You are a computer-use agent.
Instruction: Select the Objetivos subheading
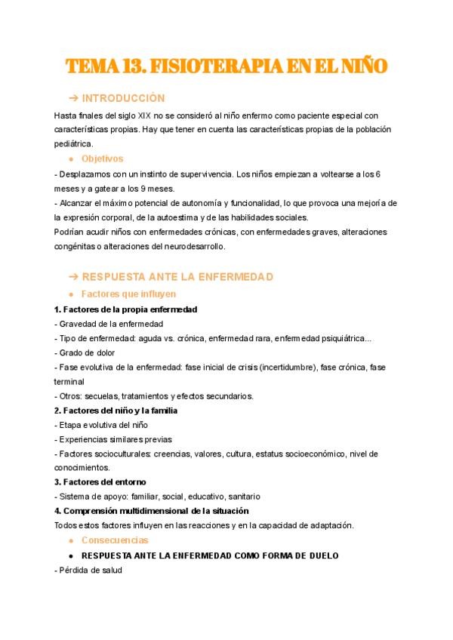102,158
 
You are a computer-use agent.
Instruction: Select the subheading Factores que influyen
128,294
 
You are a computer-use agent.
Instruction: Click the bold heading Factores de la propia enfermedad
130,309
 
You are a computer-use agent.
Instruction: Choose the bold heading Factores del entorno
105,482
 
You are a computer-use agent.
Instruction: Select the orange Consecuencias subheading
114,540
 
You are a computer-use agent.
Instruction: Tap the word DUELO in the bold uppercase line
322,555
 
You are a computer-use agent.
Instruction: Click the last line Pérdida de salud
89,571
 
